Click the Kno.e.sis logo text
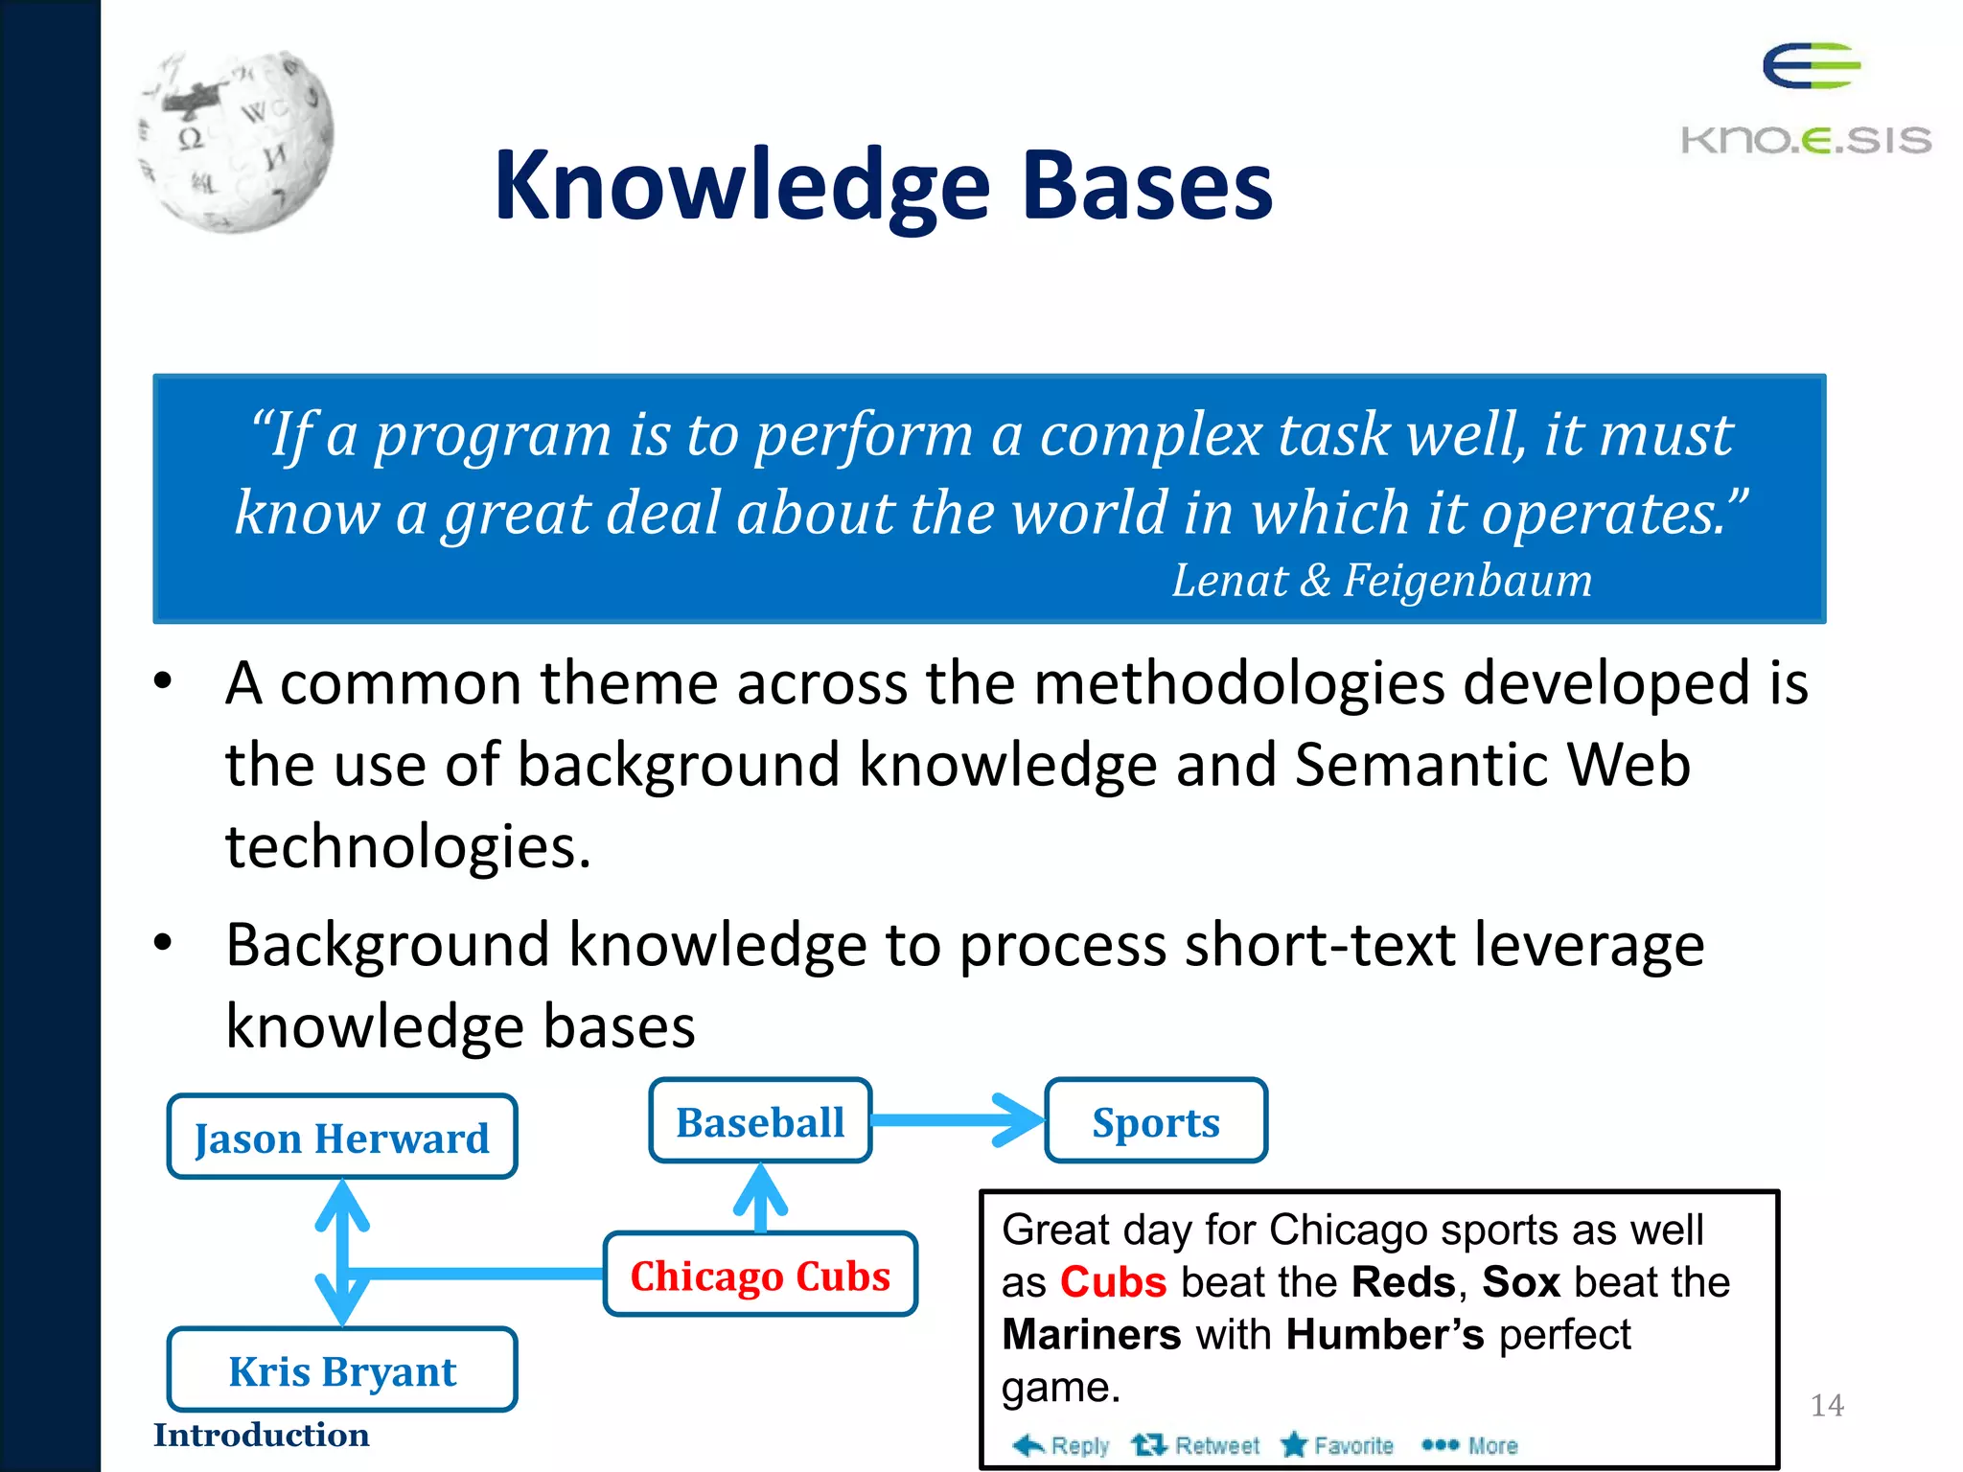tap(1806, 140)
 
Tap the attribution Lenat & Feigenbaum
tap(1381, 581)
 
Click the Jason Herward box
tap(342, 1138)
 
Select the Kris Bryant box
tap(342, 1370)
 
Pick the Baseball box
tap(760, 1121)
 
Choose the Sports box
tap(1156, 1121)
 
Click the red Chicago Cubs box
tap(760, 1276)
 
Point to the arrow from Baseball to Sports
tap(958, 1120)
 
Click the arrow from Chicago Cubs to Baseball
tap(760, 1198)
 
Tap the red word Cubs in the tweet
tap(1113, 1282)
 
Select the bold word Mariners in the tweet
tap(1091, 1334)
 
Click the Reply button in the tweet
tap(1061, 1445)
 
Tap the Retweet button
tap(1195, 1445)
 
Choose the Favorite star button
tap(1337, 1445)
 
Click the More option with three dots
tap(1469, 1445)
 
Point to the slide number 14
tap(1827, 1405)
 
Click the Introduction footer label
tap(261, 1435)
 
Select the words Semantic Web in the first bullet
tap(1491, 765)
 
